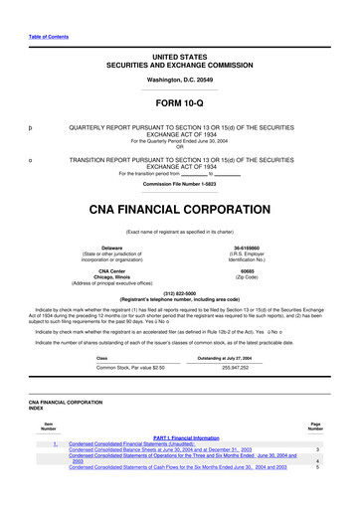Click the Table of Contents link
pos(48,12)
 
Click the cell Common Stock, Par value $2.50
pos(123,367)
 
